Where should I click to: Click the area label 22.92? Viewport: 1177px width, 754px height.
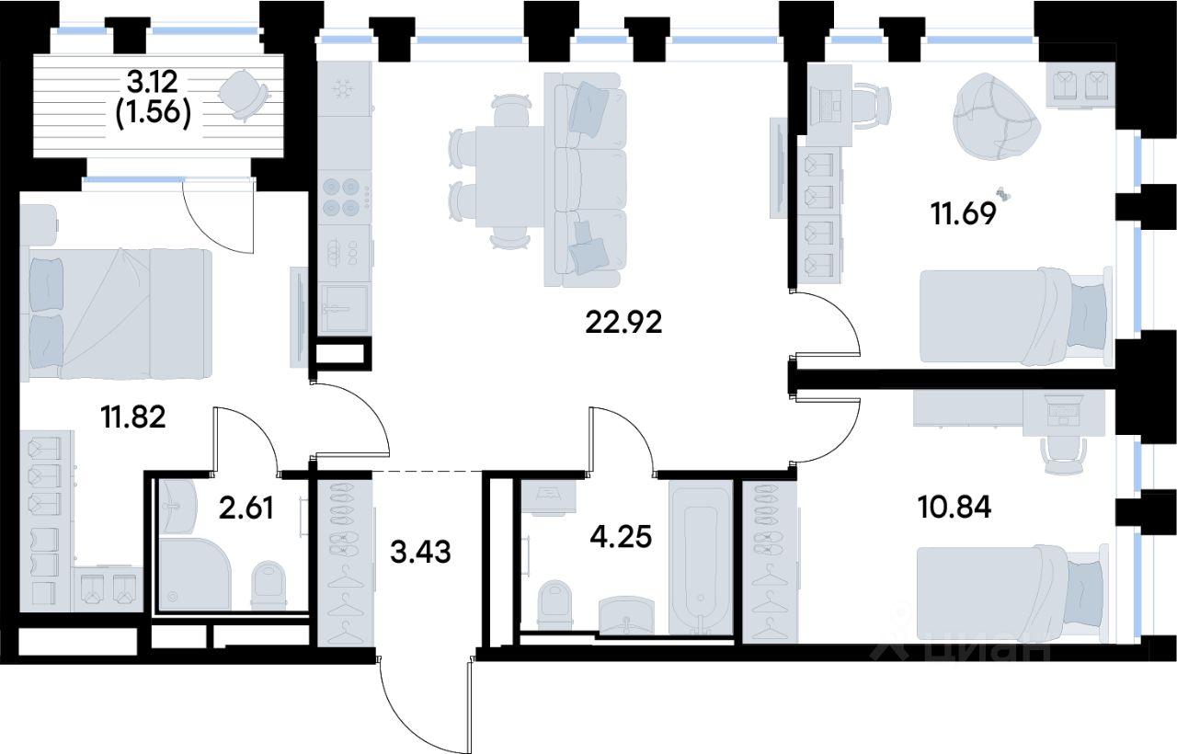[x=623, y=323]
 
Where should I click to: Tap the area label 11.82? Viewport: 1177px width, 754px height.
[x=133, y=418]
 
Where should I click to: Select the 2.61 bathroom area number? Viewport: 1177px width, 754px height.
[x=246, y=508]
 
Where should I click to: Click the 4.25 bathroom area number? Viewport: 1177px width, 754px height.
[x=622, y=535]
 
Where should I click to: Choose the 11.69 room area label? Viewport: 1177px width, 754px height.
[x=964, y=220]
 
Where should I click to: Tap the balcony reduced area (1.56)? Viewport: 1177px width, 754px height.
[x=154, y=114]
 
